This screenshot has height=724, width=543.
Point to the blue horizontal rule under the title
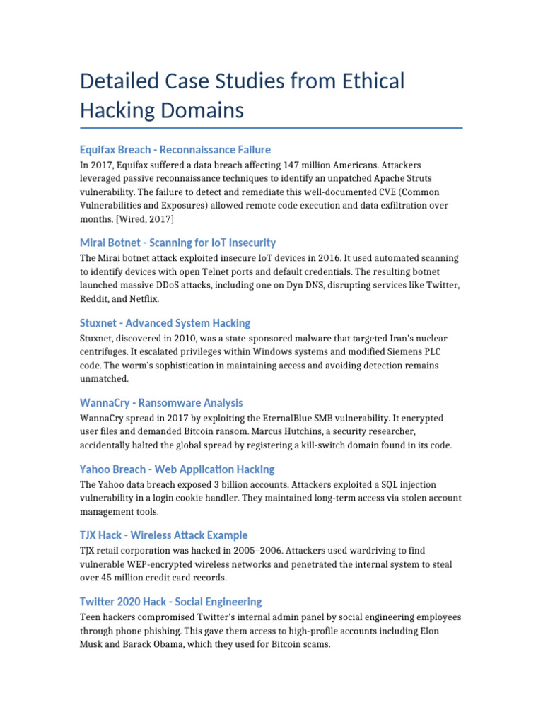pos(271,128)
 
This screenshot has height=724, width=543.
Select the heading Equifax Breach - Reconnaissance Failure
pos(175,150)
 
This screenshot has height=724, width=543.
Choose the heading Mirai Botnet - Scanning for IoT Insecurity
pos(177,243)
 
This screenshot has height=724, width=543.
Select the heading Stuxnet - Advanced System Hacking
pos(165,323)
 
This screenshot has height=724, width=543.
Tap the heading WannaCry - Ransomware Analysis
pos(161,403)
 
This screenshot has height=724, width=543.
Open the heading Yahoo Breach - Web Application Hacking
pos(177,469)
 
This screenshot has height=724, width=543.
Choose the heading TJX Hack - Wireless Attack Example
pos(163,535)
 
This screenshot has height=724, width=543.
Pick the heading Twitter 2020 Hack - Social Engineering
pos(170,602)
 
